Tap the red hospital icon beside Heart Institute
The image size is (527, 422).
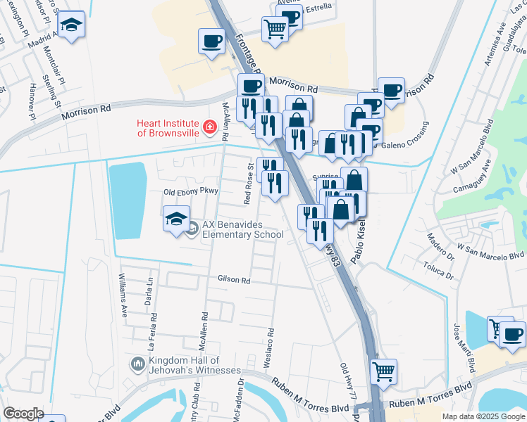pyautogui.click(x=209, y=127)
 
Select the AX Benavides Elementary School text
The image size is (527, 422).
pyautogui.click(x=242, y=230)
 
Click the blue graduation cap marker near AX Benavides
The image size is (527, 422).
pyautogui.click(x=176, y=218)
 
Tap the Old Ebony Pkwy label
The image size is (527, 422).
pyautogui.click(x=192, y=191)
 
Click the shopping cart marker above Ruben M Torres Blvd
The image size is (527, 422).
pyautogui.click(x=383, y=371)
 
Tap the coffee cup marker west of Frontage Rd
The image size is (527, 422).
pyautogui.click(x=211, y=41)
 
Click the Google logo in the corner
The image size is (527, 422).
pyautogui.click(x=24, y=413)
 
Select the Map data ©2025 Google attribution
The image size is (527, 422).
pyautogui.click(x=483, y=416)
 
